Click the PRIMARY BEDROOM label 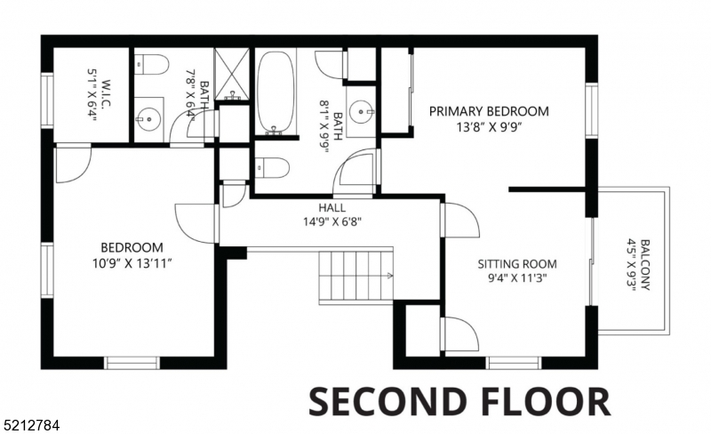[x=489, y=111]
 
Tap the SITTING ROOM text [x=516, y=264]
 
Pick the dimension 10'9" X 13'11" [x=132, y=263]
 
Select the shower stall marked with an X [x=235, y=74]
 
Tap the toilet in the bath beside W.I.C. [x=153, y=65]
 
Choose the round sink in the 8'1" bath [x=361, y=112]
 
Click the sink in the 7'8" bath [x=147, y=116]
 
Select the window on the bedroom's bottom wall [x=132, y=362]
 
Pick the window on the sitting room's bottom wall [x=513, y=362]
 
